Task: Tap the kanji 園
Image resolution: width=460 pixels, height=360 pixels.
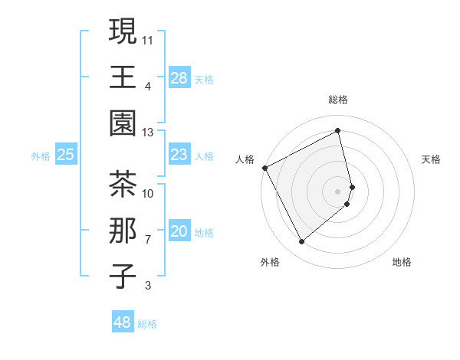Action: [123, 123]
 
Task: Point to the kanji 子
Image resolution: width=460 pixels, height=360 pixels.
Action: [123, 277]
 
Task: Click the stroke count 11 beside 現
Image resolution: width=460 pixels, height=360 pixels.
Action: [148, 39]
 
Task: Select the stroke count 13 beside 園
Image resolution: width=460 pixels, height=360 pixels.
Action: [148, 133]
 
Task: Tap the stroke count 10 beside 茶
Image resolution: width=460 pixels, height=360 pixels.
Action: [148, 194]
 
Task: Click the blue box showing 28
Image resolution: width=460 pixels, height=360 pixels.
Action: [179, 78]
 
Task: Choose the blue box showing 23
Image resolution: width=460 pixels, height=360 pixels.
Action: [179, 155]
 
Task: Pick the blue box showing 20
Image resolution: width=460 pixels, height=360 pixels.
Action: [179, 232]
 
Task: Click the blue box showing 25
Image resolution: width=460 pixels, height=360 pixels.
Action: [65, 155]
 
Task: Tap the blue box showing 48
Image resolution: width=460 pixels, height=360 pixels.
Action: [122, 322]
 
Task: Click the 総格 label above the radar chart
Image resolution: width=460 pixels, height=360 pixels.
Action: [338, 100]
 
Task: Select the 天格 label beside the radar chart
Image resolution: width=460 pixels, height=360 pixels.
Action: [431, 159]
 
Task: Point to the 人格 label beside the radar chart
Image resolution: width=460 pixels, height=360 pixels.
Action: [245, 159]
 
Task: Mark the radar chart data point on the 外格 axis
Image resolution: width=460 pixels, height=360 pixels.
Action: [301, 242]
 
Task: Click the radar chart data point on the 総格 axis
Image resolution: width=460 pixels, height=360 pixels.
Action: [338, 130]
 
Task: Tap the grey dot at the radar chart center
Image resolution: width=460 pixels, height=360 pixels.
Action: [338, 191]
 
